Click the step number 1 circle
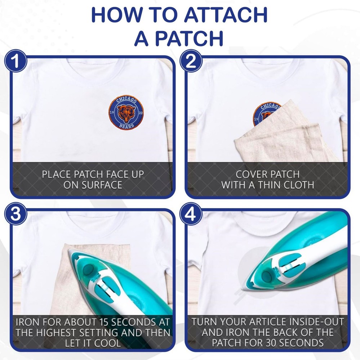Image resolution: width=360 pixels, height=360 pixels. pyautogui.click(x=15, y=61)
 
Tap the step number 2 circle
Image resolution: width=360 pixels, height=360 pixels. pyautogui.click(x=191, y=61)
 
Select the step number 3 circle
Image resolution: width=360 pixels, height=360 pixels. pyautogui.click(x=15, y=214)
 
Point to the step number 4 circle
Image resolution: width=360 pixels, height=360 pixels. pyautogui.click(x=191, y=214)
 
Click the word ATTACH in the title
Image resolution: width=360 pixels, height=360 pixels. pyautogui.click(x=226, y=15)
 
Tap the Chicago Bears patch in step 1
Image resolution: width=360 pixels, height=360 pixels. pyautogui.click(x=126, y=112)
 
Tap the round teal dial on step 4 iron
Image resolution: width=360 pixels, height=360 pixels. pyautogui.click(x=267, y=276)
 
